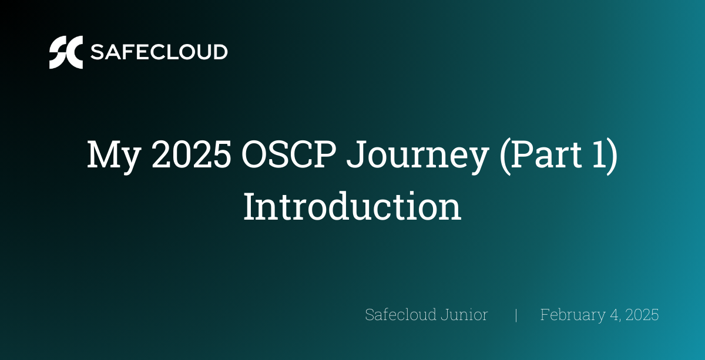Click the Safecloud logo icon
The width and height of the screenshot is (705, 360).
tap(66, 52)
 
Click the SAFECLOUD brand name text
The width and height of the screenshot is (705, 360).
tap(159, 52)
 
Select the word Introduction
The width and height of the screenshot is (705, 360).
tap(352, 206)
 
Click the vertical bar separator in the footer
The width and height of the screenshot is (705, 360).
tap(516, 315)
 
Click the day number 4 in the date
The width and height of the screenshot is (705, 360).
tap(615, 315)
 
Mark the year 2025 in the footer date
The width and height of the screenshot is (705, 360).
tap(642, 315)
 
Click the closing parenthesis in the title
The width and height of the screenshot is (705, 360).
tap(612, 156)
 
